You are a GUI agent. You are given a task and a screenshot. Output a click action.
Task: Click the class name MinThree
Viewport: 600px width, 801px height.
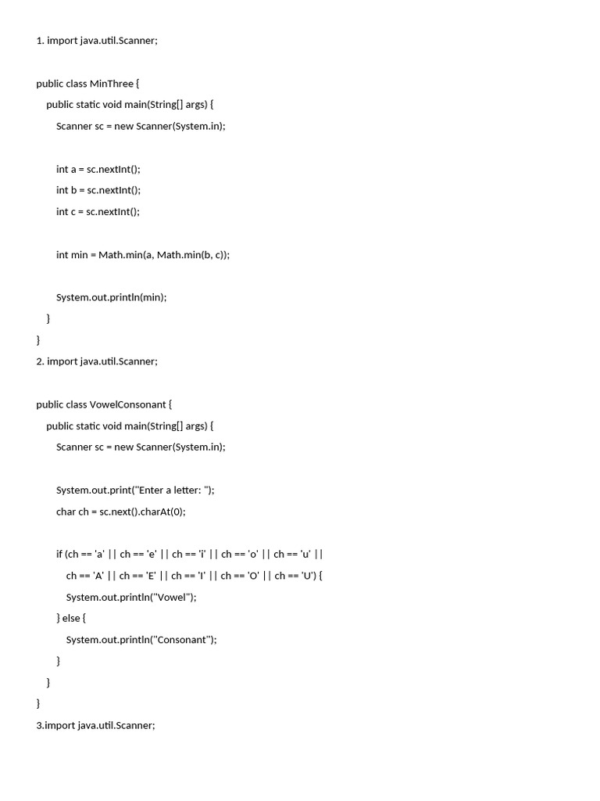(x=112, y=84)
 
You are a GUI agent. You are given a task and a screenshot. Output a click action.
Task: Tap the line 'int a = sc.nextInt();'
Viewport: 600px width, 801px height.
(x=98, y=169)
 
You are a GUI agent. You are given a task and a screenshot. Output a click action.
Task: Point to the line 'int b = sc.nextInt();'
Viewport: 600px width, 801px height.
(x=98, y=190)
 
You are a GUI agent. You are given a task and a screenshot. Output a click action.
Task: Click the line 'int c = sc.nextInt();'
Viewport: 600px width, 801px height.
(x=98, y=211)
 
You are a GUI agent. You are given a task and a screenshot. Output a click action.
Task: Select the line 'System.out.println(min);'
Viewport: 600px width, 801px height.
(x=111, y=297)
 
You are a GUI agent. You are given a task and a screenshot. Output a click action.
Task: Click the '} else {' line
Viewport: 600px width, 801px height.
(x=71, y=619)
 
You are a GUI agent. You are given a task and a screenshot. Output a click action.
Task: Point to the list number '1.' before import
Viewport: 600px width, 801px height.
(x=40, y=41)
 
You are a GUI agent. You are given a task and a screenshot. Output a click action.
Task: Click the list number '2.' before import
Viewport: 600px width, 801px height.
(x=40, y=361)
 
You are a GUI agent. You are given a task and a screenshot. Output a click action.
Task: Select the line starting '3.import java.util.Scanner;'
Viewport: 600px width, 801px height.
(x=95, y=726)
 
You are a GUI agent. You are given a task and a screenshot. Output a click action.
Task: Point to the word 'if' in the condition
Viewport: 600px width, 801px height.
(x=59, y=555)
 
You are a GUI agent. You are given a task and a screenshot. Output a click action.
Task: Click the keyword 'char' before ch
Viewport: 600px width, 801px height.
(x=66, y=512)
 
